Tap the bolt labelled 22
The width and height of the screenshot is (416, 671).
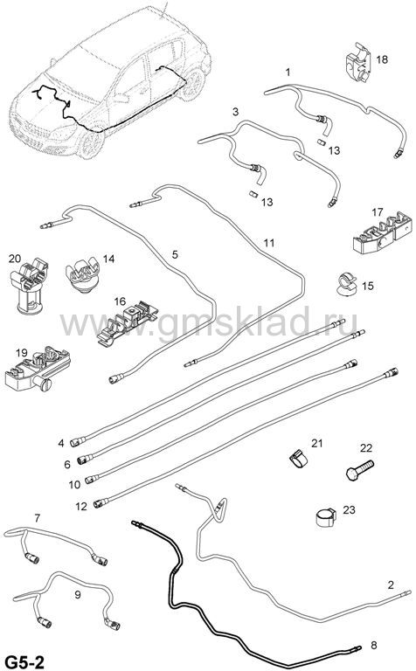[x=359, y=470]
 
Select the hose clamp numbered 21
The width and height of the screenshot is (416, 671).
[x=298, y=459]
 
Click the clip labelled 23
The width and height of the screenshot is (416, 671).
[x=325, y=517]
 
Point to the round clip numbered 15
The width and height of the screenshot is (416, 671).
[x=345, y=284]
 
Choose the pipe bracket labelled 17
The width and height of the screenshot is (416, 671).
[x=382, y=233]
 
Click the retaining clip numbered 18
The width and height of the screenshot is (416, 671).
[x=358, y=63]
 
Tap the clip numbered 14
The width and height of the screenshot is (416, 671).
[x=83, y=275]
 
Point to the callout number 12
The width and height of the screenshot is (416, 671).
[x=81, y=506]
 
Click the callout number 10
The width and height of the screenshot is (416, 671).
[x=74, y=484]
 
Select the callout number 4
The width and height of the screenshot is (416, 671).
[x=61, y=443]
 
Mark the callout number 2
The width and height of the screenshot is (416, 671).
[x=391, y=585]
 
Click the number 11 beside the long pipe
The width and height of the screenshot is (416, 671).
[x=268, y=243]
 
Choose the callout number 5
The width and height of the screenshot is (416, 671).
[x=175, y=254]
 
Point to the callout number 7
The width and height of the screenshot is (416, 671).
[x=38, y=518]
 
